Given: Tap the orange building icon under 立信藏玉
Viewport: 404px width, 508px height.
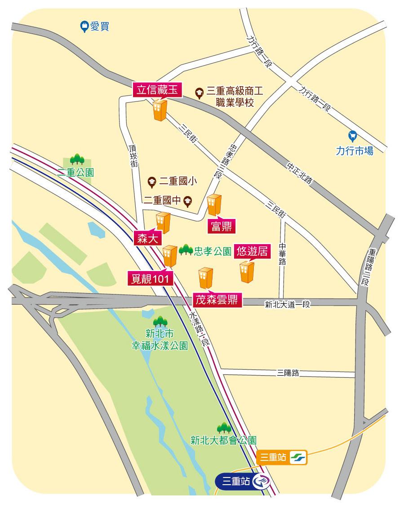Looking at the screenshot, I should click(x=160, y=110).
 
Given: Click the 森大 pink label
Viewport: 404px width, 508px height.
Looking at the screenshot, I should click(x=147, y=239).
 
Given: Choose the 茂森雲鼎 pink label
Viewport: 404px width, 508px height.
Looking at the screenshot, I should click(x=218, y=299).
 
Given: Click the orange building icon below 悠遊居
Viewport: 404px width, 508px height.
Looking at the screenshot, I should click(x=247, y=272).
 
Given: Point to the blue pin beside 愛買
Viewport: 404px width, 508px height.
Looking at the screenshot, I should click(x=84, y=27).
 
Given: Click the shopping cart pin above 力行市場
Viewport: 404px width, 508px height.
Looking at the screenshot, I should click(x=353, y=135).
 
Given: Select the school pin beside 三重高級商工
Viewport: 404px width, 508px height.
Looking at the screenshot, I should click(x=199, y=92).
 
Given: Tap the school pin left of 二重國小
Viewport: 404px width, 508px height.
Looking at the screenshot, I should click(x=152, y=182).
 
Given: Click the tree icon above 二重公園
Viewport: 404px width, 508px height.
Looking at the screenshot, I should click(x=77, y=159).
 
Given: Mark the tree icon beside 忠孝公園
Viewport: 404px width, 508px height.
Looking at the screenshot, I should click(x=186, y=250).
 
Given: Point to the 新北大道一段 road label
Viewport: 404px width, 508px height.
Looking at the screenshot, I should click(x=288, y=305).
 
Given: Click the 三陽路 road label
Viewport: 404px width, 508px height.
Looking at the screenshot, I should click(x=288, y=373).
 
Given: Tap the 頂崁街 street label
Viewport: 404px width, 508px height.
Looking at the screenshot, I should click(x=133, y=155).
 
